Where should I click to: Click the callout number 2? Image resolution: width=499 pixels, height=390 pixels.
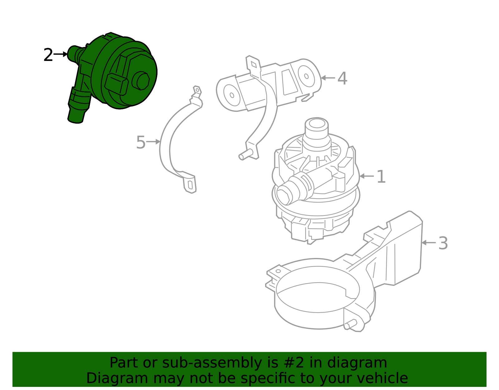(48, 55)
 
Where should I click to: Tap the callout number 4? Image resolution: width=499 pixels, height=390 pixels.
(342, 78)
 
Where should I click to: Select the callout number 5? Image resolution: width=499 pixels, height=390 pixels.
(141, 143)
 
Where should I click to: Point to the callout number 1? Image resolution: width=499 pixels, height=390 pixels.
(381, 177)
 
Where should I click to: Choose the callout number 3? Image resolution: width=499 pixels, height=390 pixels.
(443, 244)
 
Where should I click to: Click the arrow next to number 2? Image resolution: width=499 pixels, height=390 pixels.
(61, 54)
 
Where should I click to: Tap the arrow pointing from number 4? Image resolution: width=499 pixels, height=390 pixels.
(328, 78)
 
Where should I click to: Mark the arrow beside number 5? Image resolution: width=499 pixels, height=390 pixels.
(153, 142)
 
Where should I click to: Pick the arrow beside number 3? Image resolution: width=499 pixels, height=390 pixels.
(429, 242)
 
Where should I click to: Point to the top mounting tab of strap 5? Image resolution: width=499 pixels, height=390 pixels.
(197, 91)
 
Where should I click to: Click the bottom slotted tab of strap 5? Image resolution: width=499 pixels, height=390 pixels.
(190, 185)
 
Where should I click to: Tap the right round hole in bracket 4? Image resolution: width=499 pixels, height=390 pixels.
(306, 76)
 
